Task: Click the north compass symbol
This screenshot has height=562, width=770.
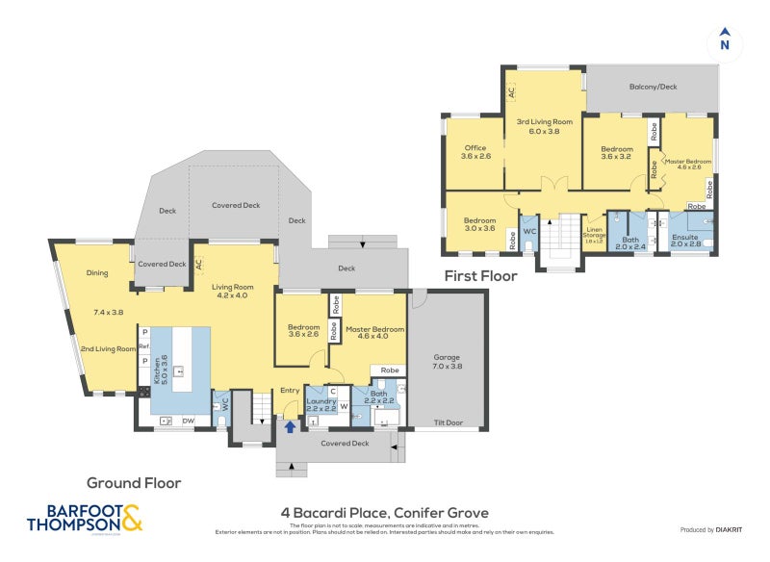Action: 725,42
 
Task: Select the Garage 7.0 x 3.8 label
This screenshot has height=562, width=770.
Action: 448,361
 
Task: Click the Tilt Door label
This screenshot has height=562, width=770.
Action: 448,422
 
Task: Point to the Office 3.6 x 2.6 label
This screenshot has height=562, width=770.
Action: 475,151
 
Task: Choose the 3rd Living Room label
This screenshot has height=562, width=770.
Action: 544,126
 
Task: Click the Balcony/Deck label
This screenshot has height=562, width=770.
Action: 654,88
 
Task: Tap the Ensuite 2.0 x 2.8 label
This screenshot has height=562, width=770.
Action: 686,241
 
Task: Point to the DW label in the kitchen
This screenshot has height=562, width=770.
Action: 189,421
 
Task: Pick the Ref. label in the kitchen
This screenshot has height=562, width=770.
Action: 144,346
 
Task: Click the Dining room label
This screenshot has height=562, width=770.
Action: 97,273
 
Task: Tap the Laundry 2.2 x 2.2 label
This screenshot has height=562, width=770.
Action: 321,403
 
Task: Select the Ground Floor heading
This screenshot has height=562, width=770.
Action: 134,483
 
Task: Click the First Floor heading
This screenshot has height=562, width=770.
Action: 480,276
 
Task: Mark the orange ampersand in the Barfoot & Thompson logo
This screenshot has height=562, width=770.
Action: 133,518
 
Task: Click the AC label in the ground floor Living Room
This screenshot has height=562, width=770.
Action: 198,263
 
